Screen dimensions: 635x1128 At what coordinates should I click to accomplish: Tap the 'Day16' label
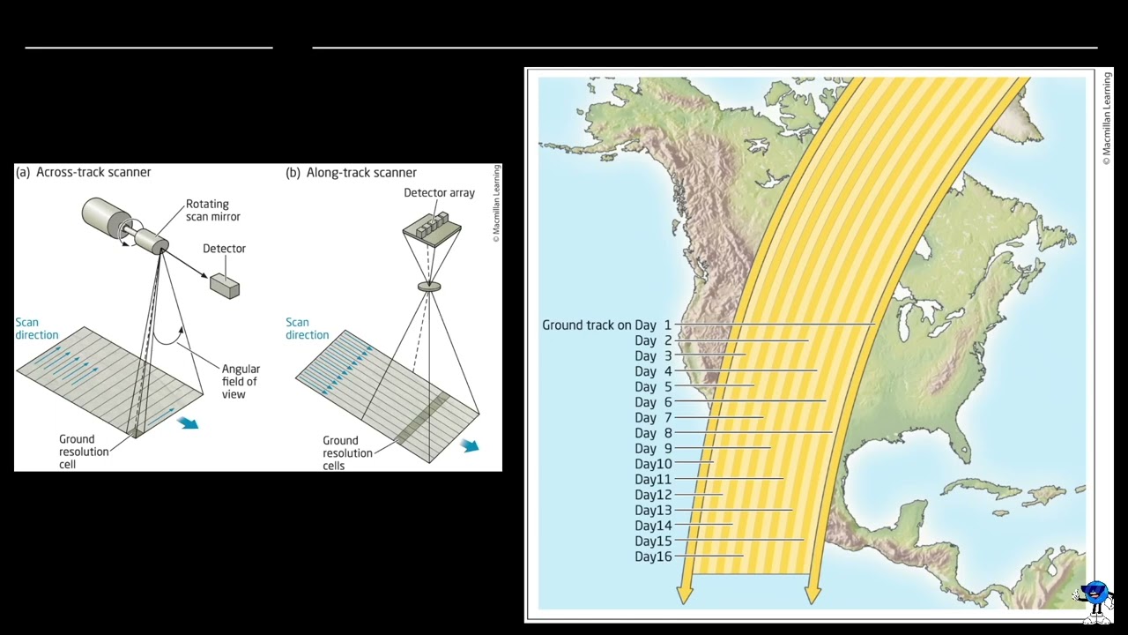(653, 557)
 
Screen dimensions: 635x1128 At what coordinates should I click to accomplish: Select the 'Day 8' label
(653, 433)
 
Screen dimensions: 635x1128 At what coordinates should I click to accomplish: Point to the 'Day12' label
(653, 496)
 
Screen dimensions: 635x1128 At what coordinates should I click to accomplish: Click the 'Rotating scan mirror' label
(212, 211)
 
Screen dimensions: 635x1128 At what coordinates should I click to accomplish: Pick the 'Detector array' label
(439, 193)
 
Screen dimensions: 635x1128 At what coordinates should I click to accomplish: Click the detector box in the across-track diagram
(225, 285)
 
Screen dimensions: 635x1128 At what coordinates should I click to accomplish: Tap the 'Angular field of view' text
(241, 382)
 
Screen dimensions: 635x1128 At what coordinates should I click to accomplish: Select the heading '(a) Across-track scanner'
(84, 173)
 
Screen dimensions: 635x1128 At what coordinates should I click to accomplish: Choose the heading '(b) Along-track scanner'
(351, 173)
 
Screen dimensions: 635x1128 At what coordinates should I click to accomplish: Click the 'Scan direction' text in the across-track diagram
(37, 329)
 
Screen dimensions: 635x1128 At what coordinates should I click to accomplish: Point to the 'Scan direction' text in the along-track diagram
(307, 329)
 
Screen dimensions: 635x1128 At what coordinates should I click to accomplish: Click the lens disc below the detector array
(429, 287)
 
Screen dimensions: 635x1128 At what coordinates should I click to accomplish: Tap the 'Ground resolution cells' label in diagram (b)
(340, 452)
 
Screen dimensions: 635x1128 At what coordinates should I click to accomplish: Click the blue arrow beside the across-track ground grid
(188, 423)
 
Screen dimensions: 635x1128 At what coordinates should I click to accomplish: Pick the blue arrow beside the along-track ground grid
(470, 446)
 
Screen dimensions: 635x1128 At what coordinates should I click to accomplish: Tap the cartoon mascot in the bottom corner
(1095, 601)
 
